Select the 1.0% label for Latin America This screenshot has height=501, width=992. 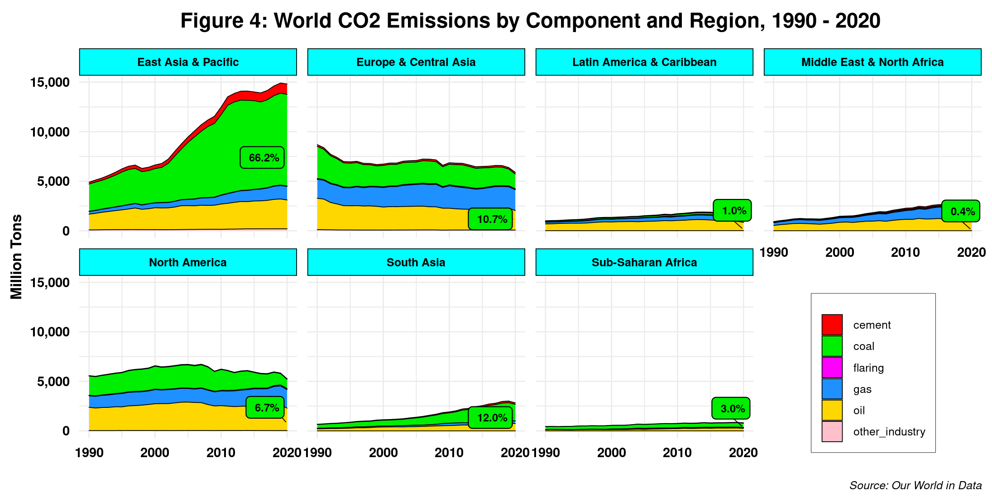point(732,211)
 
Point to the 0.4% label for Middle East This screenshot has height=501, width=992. point(961,211)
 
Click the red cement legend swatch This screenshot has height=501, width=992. point(832,325)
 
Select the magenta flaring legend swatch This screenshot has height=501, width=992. point(832,368)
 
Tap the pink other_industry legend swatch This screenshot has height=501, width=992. point(832,432)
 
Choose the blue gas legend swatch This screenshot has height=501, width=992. point(832,389)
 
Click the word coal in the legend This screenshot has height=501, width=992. point(863,346)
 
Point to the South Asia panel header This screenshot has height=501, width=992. point(416,262)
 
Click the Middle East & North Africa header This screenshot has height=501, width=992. point(872,62)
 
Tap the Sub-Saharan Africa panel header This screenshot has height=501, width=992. point(644,262)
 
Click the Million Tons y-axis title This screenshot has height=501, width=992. point(16,256)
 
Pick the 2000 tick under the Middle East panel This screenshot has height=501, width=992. point(839,252)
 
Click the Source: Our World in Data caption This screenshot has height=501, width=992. point(915,486)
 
